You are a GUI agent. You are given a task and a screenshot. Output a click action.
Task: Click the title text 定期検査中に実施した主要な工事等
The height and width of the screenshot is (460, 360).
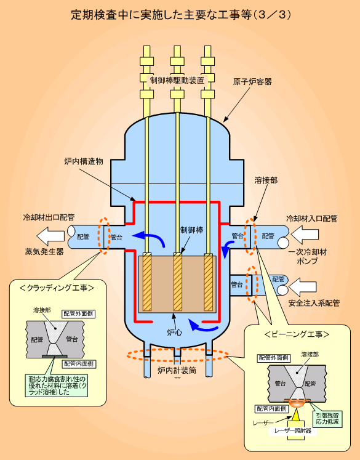click(x=161, y=15)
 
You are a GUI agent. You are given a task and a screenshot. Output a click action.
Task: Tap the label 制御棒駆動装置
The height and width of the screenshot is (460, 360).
click(x=177, y=81)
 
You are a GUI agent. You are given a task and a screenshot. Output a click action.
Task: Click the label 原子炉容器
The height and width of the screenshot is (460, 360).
click(x=252, y=81)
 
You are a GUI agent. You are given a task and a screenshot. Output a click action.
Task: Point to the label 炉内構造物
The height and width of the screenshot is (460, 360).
click(x=84, y=161)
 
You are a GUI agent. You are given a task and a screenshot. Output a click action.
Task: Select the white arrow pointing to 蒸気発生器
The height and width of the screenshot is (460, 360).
click(x=50, y=236)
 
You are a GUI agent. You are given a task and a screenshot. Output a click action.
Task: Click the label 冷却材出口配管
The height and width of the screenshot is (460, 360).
click(x=49, y=217)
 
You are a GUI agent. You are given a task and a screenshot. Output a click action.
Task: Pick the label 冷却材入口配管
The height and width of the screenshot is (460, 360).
click(x=312, y=219)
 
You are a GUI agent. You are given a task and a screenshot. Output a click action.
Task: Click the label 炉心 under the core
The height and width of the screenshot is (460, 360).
click(x=174, y=333)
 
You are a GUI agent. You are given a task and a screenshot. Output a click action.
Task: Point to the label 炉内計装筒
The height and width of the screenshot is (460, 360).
click(x=177, y=371)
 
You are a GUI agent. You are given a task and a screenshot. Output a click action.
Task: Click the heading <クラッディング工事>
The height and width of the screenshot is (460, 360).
click(x=57, y=288)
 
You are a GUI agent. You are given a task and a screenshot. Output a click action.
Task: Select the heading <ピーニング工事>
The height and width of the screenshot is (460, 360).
click(x=297, y=334)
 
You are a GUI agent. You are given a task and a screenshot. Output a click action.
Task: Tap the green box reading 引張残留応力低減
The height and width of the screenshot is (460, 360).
click(x=327, y=419)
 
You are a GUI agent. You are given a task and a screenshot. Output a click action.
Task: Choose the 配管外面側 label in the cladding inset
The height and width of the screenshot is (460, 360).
click(x=78, y=313)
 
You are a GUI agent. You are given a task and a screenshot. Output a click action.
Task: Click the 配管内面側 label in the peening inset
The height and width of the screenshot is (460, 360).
click(x=271, y=409)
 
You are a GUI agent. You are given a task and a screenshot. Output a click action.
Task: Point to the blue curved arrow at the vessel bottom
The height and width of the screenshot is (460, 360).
click(x=203, y=326)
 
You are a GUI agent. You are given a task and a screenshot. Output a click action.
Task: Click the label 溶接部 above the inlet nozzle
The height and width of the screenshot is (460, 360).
click(x=266, y=180)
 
